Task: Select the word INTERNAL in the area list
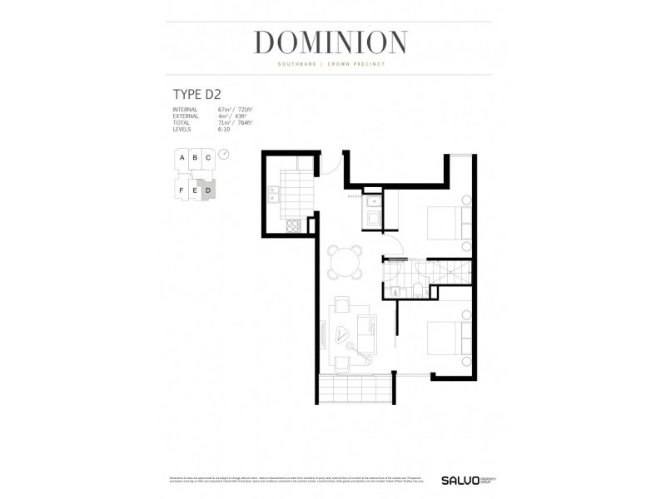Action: coord(184,110)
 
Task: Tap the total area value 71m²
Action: coord(223,123)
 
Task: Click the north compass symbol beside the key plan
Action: coord(223,155)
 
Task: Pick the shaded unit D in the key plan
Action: coord(207,190)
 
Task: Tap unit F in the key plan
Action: coord(181,190)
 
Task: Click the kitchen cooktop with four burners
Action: coord(293,225)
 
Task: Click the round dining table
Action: coord(344,263)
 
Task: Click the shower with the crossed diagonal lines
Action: coord(450,271)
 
